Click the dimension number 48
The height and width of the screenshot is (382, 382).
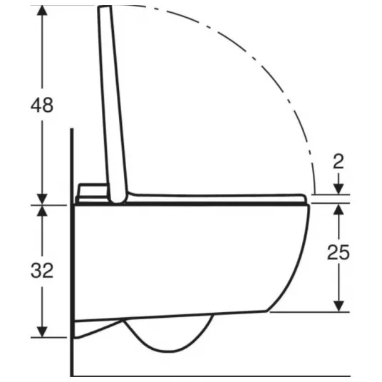[x=42, y=105]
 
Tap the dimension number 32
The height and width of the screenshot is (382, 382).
[x=42, y=271]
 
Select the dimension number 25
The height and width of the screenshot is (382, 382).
[x=338, y=252]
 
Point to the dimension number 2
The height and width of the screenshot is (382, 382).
[x=339, y=161]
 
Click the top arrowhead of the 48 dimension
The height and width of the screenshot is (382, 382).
[x=42, y=10]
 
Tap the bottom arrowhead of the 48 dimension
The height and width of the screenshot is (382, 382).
[x=42, y=200]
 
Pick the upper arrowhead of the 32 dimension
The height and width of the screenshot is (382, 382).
[x=42, y=211]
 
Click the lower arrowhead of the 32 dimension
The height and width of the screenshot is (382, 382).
[x=42, y=332]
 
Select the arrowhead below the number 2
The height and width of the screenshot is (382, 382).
[x=339, y=190]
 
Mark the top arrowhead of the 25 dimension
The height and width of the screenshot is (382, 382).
[x=339, y=210]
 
